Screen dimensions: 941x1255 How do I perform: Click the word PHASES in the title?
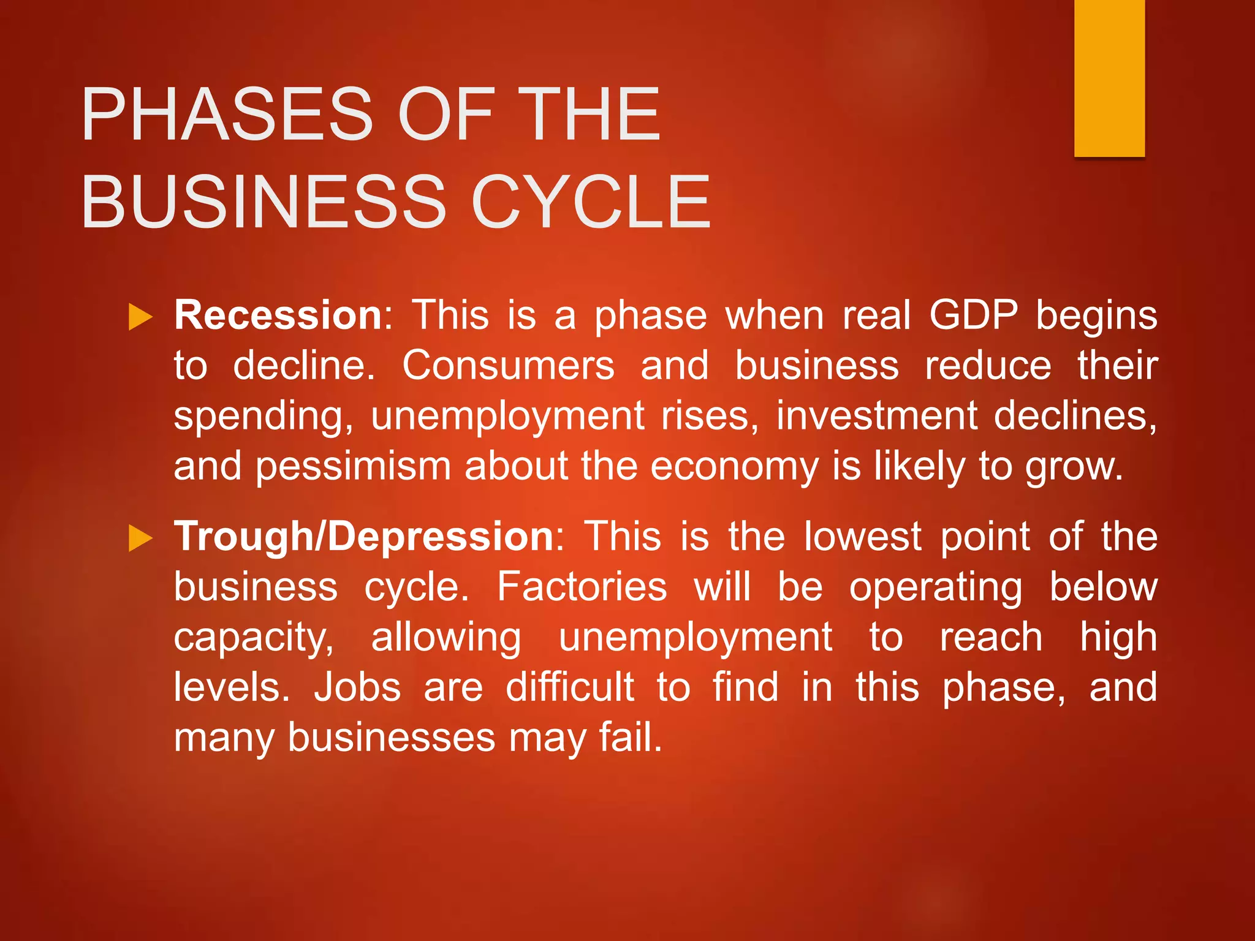click(x=227, y=115)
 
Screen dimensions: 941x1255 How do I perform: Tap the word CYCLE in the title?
click(x=591, y=202)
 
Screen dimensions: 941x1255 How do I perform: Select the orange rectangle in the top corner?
click(x=1109, y=78)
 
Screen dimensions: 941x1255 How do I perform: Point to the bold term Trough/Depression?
click(x=365, y=537)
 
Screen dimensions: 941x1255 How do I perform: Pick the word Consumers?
click(x=508, y=366)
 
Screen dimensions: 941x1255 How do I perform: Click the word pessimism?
click(x=353, y=467)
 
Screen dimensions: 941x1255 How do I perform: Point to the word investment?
click(x=877, y=416)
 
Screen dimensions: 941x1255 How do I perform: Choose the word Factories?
click(x=582, y=587)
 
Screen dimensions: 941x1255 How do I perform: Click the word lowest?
click(x=862, y=537)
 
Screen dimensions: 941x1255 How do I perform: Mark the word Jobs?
click(x=357, y=687)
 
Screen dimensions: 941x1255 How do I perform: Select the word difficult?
click(x=570, y=687)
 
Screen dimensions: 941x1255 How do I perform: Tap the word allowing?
click(x=446, y=638)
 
